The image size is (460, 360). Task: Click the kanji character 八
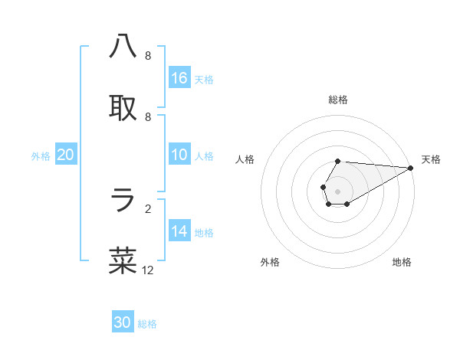click(x=123, y=47)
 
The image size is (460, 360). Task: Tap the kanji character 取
click(x=123, y=108)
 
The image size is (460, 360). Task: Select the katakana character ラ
click(x=123, y=200)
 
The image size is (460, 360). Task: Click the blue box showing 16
click(x=179, y=77)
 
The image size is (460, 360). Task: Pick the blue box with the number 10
click(x=179, y=155)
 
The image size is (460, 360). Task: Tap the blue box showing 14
click(x=179, y=231)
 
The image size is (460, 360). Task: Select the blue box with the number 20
click(x=66, y=155)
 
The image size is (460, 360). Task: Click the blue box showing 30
click(x=123, y=322)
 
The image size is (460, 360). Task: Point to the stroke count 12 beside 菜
click(x=148, y=270)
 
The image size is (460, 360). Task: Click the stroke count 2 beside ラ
click(x=148, y=208)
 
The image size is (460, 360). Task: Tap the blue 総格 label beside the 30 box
click(x=147, y=324)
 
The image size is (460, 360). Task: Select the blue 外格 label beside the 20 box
click(x=41, y=156)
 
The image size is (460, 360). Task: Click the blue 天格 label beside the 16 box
click(x=204, y=79)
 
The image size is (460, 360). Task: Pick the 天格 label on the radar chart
click(x=431, y=159)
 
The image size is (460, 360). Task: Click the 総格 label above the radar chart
click(x=338, y=100)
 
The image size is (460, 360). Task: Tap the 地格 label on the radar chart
click(x=402, y=262)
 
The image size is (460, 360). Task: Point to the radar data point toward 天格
click(x=410, y=167)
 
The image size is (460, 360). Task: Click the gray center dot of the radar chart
click(x=337, y=191)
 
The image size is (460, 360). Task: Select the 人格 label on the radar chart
click(x=245, y=159)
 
